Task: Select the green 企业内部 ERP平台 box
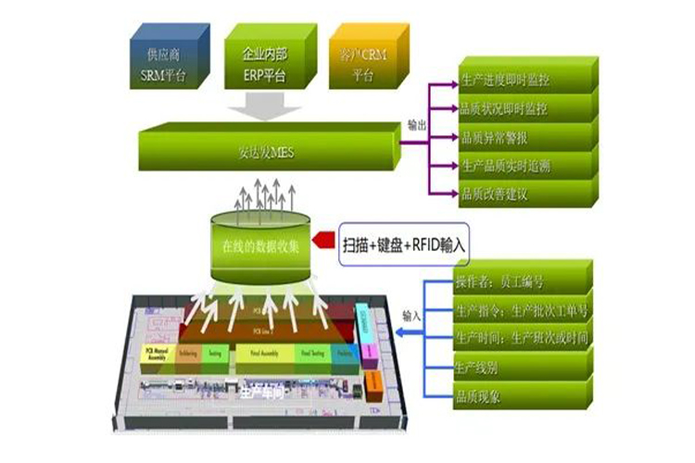265,62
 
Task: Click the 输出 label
417,123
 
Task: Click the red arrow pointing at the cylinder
322,242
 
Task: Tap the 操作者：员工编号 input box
519,281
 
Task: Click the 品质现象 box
519,396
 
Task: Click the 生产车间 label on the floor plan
257,393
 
